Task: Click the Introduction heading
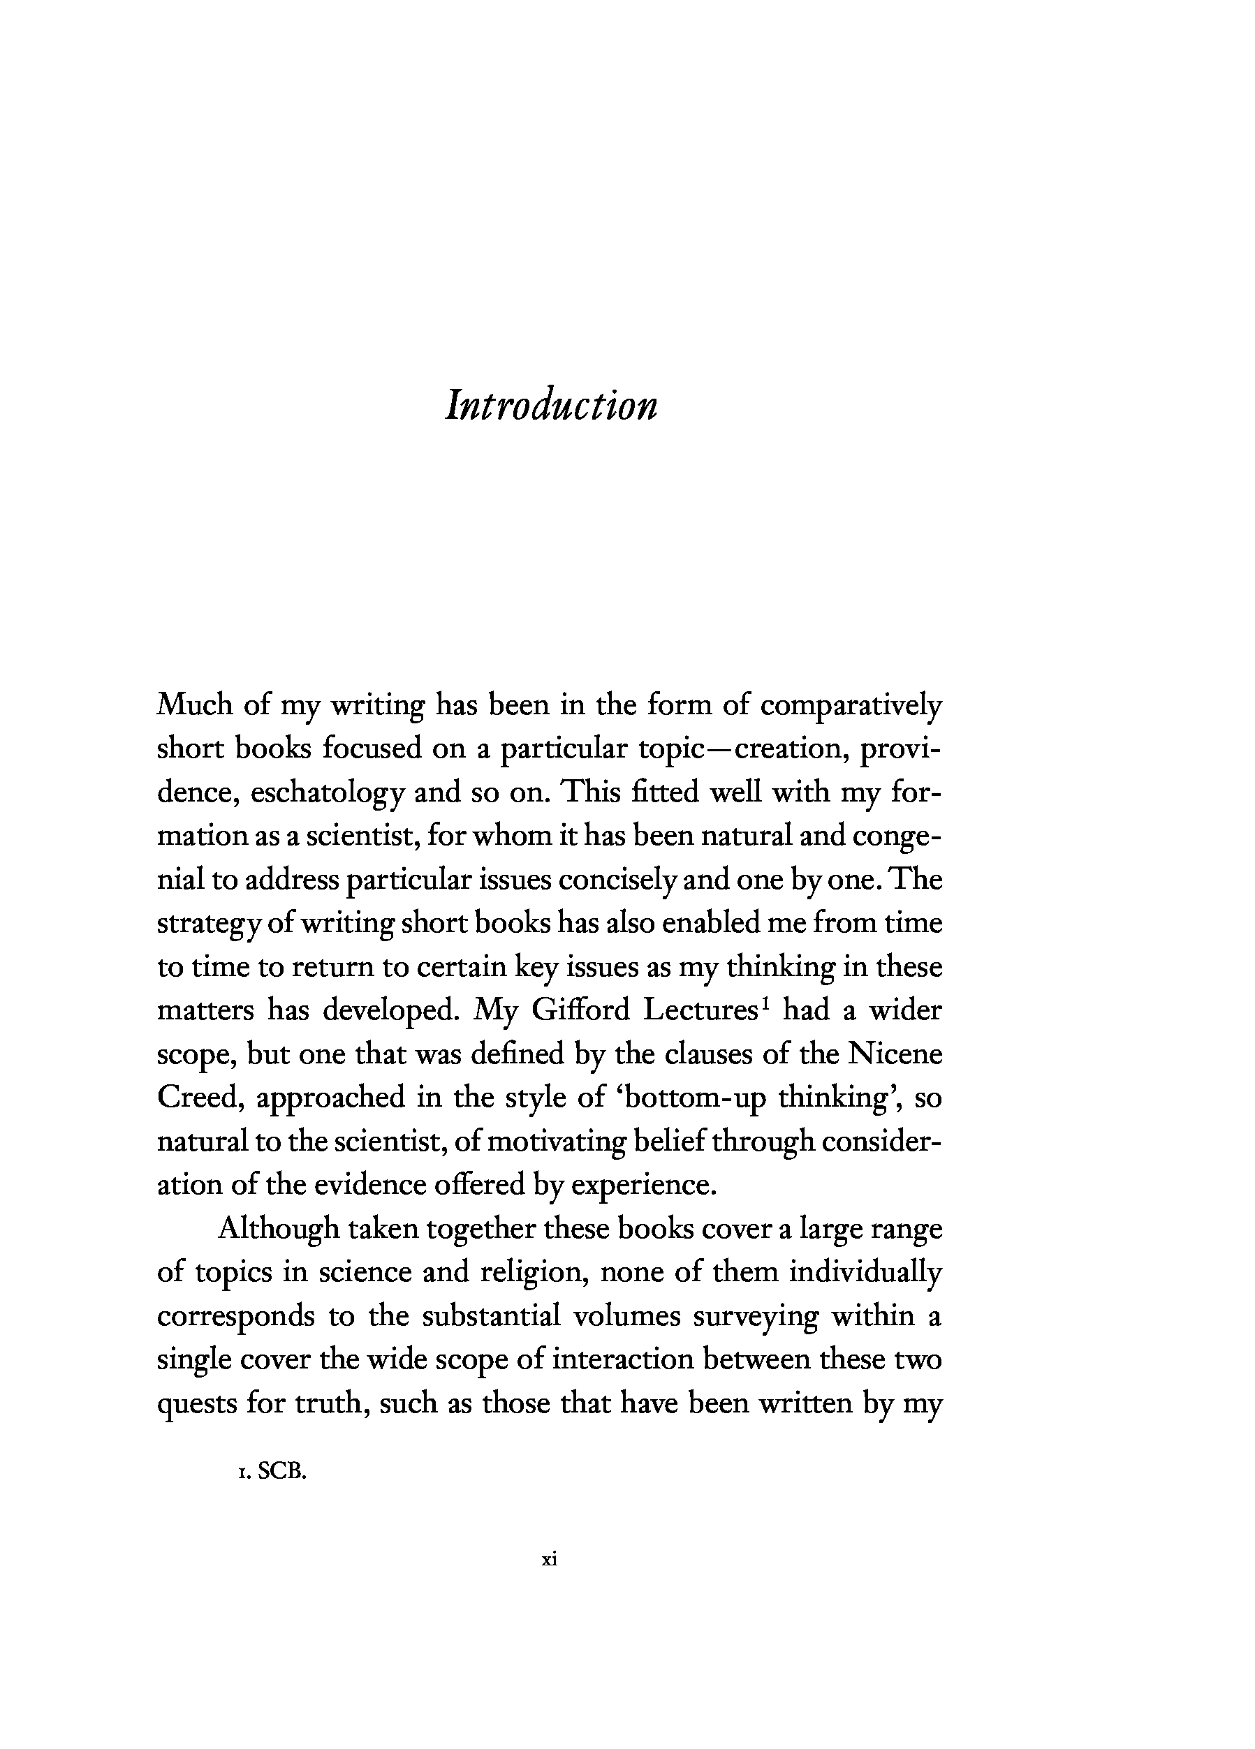[551, 404]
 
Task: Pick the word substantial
[490, 1315]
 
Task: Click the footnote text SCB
[282, 1471]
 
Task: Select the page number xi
[549, 1559]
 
